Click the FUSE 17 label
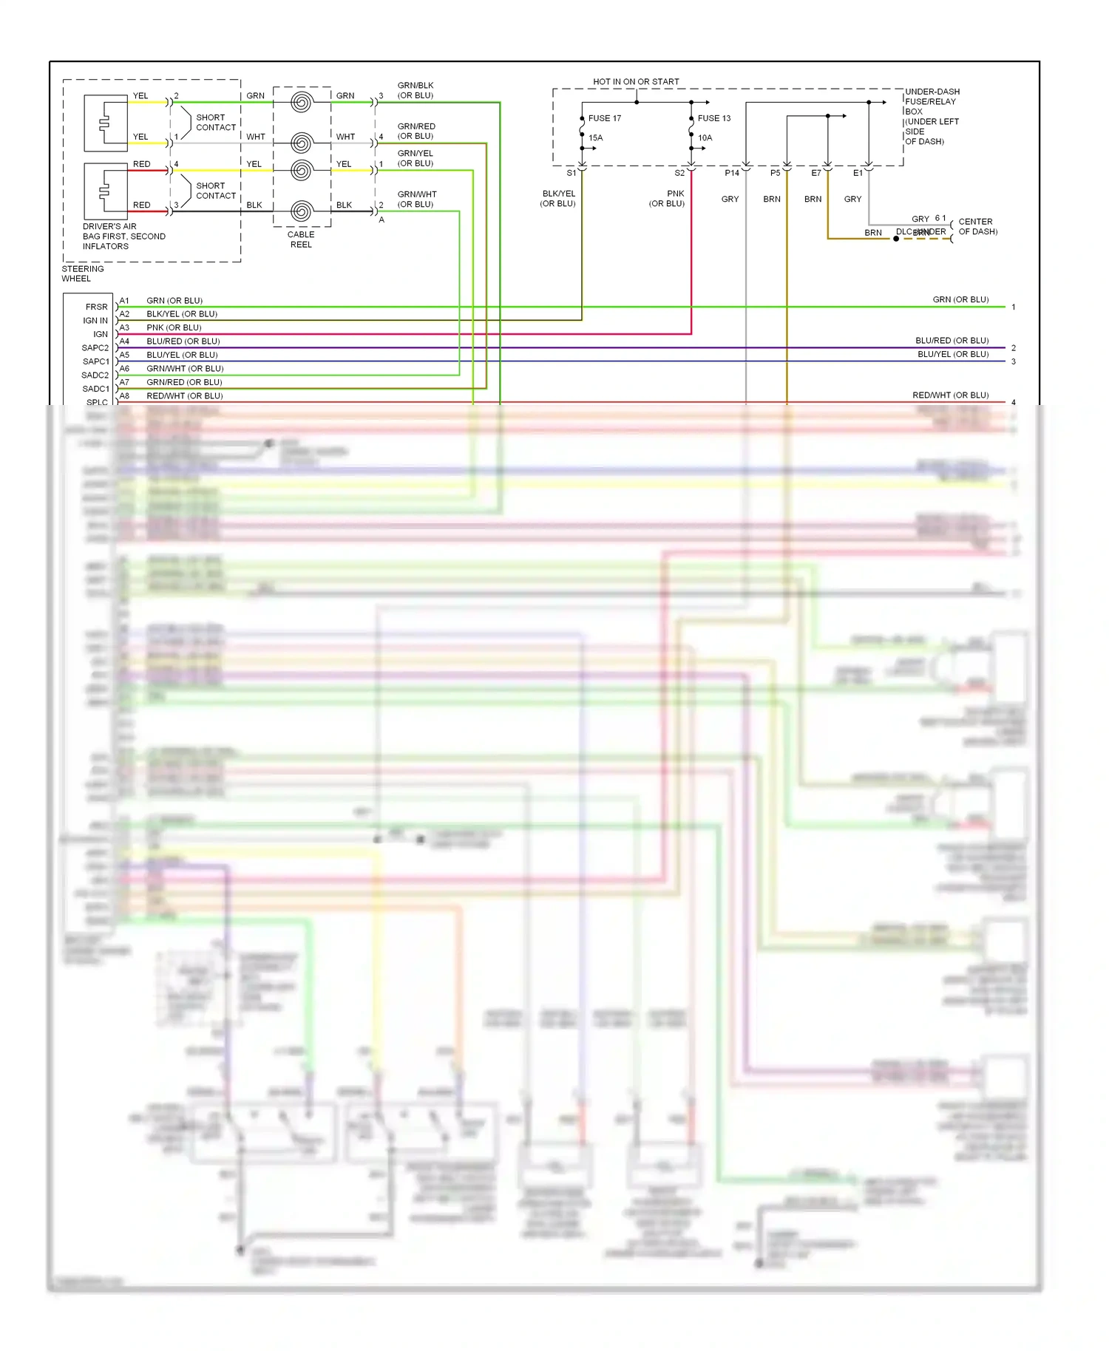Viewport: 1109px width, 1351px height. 604,118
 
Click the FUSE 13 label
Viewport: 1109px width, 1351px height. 713,118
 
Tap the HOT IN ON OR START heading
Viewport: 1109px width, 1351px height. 636,82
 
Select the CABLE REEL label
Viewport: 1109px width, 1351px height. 301,239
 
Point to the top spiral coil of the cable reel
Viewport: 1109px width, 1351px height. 301,102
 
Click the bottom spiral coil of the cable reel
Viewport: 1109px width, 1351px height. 301,211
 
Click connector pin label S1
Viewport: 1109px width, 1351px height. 571,173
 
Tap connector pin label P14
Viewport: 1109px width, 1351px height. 731,173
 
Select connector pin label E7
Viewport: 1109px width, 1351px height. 815,173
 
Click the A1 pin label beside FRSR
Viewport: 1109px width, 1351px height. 124,301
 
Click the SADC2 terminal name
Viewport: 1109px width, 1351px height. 95,375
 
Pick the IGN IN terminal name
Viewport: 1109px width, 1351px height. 95,321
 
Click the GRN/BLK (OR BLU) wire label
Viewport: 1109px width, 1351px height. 416,90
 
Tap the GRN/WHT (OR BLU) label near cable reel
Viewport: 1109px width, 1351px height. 416,200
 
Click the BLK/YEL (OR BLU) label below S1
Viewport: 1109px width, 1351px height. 558,199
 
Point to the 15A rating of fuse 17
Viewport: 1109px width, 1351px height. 595,138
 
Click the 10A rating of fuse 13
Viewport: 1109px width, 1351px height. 705,138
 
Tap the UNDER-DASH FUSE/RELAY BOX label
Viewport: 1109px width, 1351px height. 932,117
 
